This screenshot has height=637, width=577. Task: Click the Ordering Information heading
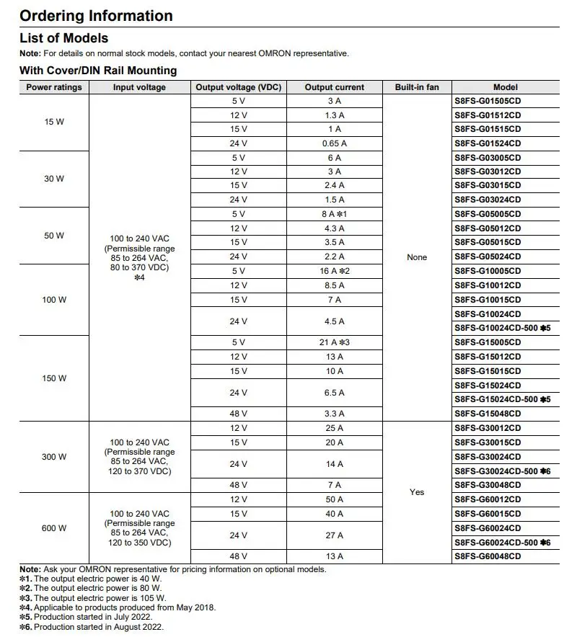click(96, 16)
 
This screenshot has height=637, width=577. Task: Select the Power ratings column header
click(54, 87)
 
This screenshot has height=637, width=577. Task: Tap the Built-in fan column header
click(417, 87)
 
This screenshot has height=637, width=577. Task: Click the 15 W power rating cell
click(54, 122)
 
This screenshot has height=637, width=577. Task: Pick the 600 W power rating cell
click(54, 528)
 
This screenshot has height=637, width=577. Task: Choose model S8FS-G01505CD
click(488, 101)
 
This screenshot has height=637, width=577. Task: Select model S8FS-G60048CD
click(488, 556)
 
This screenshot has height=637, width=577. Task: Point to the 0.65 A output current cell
click(334, 143)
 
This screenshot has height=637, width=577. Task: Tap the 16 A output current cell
click(334, 271)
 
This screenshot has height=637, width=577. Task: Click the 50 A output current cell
click(334, 499)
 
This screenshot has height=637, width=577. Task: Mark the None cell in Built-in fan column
click(417, 257)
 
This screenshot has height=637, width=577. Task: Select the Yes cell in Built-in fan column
click(417, 492)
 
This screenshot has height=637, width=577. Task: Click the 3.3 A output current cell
click(334, 414)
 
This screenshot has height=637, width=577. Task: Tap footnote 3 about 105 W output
click(93, 597)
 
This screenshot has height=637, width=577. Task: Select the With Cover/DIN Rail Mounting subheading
click(98, 71)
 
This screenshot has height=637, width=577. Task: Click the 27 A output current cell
click(334, 535)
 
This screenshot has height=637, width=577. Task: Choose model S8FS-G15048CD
click(488, 414)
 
